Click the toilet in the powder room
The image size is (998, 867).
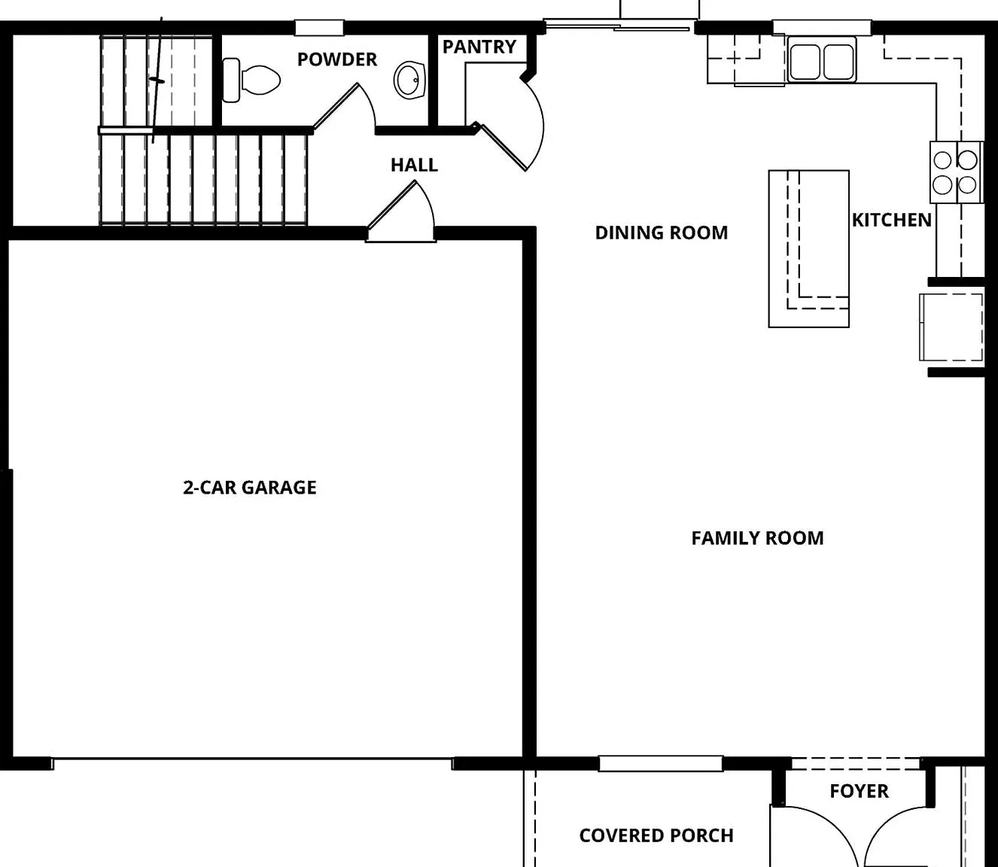tap(251, 81)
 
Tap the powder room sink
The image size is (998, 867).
tap(409, 81)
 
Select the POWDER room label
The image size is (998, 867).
tap(337, 59)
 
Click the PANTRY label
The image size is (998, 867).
tap(479, 47)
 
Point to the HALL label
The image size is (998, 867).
tap(414, 166)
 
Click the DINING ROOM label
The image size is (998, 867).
tap(662, 233)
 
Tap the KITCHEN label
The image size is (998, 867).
tap(892, 220)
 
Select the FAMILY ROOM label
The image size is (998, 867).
tap(757, 538)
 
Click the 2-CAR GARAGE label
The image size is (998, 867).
tap(250, 487)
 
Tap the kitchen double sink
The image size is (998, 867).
tap(822, 62)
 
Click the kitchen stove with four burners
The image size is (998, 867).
tap(956, 172)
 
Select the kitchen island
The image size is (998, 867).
tap(809, 248)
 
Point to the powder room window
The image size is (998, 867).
tap(320, 27)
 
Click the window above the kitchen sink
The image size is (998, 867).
tap(822, 27)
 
